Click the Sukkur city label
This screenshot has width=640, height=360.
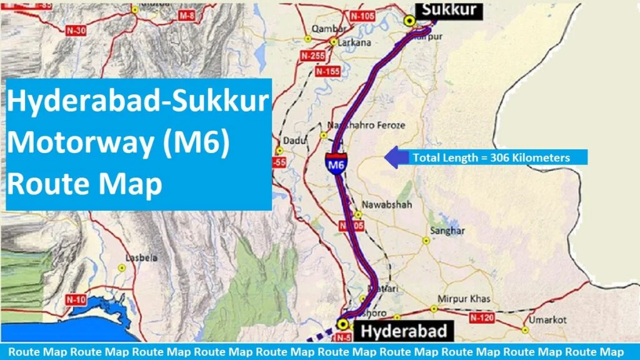449,9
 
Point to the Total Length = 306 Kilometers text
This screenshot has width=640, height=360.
491,157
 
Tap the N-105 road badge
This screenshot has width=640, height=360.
362,15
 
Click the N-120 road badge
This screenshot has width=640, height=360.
482,318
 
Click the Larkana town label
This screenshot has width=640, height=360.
354,43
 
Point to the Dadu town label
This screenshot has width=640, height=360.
294,141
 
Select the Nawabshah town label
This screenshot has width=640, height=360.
381,204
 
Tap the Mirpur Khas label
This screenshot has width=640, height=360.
464,299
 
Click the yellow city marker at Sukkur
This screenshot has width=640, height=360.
410,21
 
